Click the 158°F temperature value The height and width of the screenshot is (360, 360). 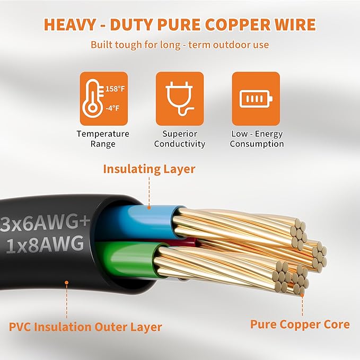pyautogui.click(x=115, y=89)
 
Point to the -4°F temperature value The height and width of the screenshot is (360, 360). pyautogui.click(x=112, y=108)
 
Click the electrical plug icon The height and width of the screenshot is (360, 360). pyautogui.click(x=180, y=99)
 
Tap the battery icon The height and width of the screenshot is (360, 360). pyautogui.click(x=256, y=99)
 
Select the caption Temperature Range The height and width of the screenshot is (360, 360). pyautogui.click(x=103, y=139)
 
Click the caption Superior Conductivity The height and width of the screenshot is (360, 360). pyautogui.click(x=180, y=139)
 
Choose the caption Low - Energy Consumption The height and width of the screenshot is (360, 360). pyautogui.click(x=257, y=139)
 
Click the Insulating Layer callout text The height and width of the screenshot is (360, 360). pyautogui.click(x=149, y=169)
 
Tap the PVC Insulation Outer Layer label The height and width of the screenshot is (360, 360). pyautogui.click(x=85, y=327)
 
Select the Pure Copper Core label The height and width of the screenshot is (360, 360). pyautogui.click(x=300, y=324)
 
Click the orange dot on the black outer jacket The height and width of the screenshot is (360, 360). pyautogui.click(x=67, y=283)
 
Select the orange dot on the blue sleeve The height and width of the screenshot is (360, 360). pyautogui.click(x=149, y=207)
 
